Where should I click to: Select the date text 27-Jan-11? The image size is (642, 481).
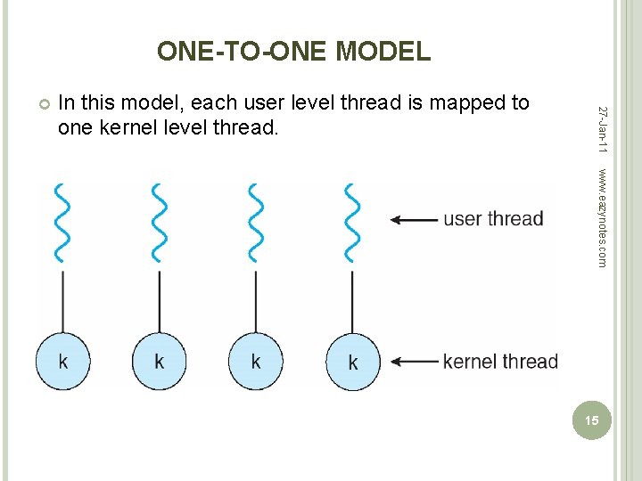(603, 128)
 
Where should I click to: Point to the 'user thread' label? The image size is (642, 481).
(493, 219)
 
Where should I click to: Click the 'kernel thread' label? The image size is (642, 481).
(499, 362)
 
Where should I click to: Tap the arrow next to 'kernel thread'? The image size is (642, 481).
(415, 362)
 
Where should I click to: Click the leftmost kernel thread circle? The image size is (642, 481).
(63, 361)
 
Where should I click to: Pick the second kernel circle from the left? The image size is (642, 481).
(160, 361)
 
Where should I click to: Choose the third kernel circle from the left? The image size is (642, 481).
(256, 361)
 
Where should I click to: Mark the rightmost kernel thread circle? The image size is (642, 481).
(352, 361)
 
